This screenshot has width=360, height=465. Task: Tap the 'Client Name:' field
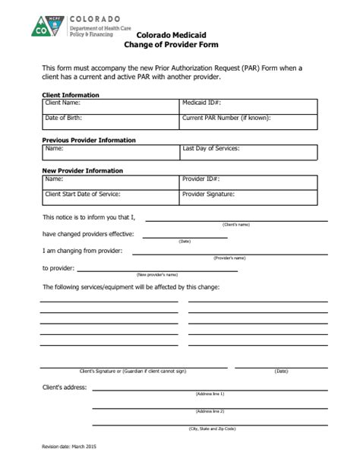(x=111, y=106)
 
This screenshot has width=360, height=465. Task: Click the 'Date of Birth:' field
(x=111, y=121)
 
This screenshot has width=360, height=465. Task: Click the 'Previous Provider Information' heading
(x=89, y=141)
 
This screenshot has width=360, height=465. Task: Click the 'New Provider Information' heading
(x=82, y=171)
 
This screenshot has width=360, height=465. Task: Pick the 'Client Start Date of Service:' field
(x=111, y=198)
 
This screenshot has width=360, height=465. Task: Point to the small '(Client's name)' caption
(x=236, y=225)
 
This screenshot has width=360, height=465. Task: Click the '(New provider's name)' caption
(x=156, y=274)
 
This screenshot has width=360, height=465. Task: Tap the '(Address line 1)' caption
(x=210, y=394)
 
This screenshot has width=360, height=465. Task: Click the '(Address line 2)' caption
(x=210, y=411)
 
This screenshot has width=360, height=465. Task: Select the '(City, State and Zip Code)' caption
(x=212, y=429)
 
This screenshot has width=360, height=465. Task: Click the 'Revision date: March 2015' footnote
(x=68, y=446)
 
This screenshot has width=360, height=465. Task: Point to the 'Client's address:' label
(x=65, y=387)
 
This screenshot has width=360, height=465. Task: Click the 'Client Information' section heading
(x=71, y=95)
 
